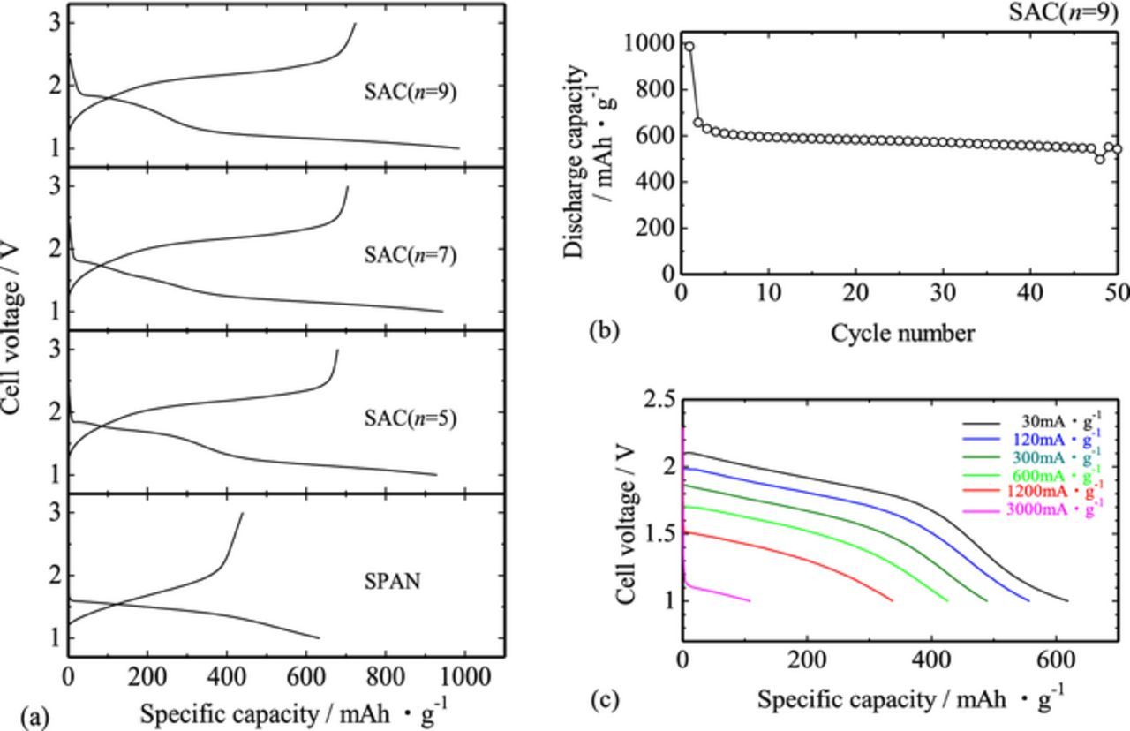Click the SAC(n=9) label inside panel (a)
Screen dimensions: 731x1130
click(410, 92)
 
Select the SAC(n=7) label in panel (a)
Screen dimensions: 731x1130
click(410, 255)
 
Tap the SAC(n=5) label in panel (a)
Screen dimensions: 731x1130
click(410, 418)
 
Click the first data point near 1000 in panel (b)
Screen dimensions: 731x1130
click(689, 47)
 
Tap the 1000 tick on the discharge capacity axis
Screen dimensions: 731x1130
click(650, 44)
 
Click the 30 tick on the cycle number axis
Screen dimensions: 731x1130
click(944, 293)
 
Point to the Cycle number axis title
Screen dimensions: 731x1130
click(902, 333)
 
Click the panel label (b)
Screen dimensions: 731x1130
click(605, 331)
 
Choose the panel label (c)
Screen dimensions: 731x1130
click(605, 700)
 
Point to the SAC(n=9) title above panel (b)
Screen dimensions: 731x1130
click(1069, 12)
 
